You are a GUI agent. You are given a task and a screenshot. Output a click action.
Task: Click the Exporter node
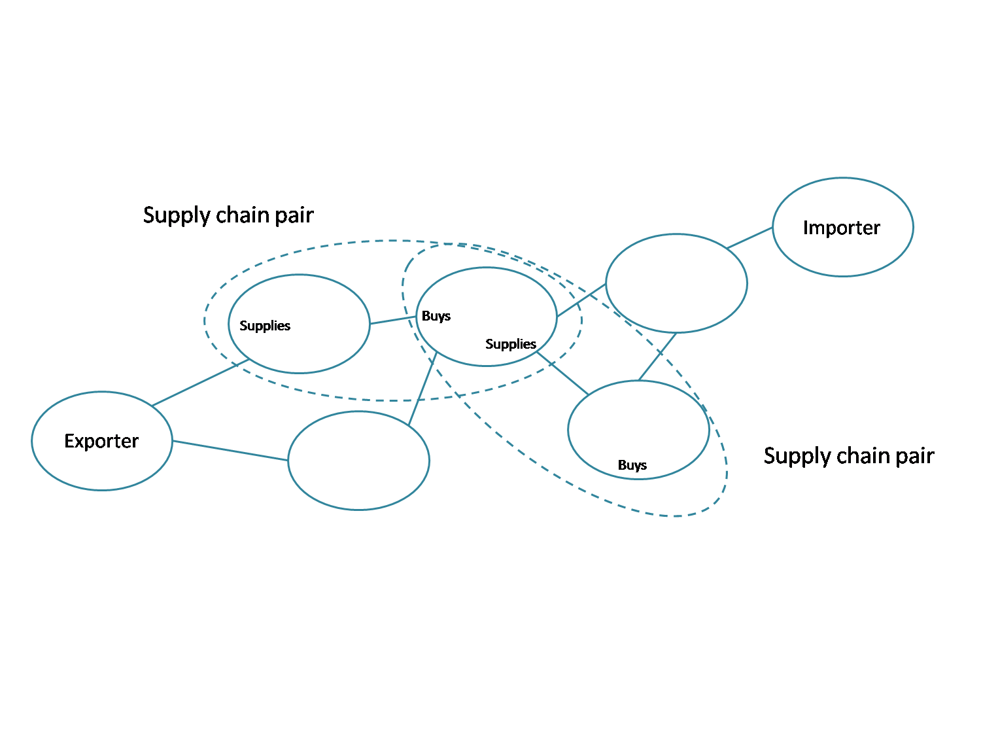click(x=102, y=441)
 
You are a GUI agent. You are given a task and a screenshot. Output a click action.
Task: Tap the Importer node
click(x=842, y=227)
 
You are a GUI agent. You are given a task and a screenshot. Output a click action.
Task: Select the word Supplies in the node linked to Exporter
click(x=265, y=326)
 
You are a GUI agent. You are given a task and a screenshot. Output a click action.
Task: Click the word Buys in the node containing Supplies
click(x=436, y=316)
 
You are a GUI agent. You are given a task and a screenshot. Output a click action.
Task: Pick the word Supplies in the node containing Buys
click(x=511, y=344)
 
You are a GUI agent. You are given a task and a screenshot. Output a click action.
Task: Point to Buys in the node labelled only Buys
click(x=632, y=465)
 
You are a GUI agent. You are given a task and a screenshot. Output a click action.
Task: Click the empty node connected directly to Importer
click(x=676, y=283)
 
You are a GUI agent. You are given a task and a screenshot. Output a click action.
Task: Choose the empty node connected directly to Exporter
click(x=358, y=461)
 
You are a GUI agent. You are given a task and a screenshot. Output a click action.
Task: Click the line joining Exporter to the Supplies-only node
click(x=200, y=383)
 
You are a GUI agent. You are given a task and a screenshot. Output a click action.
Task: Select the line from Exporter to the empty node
click(x=230, y=451)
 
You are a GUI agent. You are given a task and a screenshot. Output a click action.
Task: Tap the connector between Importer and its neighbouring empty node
click(x=749, y=238)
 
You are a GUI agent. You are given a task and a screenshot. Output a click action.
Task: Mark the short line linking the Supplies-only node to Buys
click(x=393, y=320)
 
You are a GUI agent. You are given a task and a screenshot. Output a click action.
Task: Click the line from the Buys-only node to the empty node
click(x=657, y=357)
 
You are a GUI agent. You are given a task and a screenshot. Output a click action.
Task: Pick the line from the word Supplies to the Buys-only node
click(x=562, y=374)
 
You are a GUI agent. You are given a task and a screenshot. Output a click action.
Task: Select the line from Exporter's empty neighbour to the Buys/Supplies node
click(x=422, y=389)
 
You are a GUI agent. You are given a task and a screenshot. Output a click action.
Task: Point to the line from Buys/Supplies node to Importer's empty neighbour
click(x=581, y=300)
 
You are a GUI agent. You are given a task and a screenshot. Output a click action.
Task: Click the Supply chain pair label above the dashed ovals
click(x=228, y=215)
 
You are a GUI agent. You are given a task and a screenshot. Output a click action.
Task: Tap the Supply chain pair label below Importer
click(x=849, y=455)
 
